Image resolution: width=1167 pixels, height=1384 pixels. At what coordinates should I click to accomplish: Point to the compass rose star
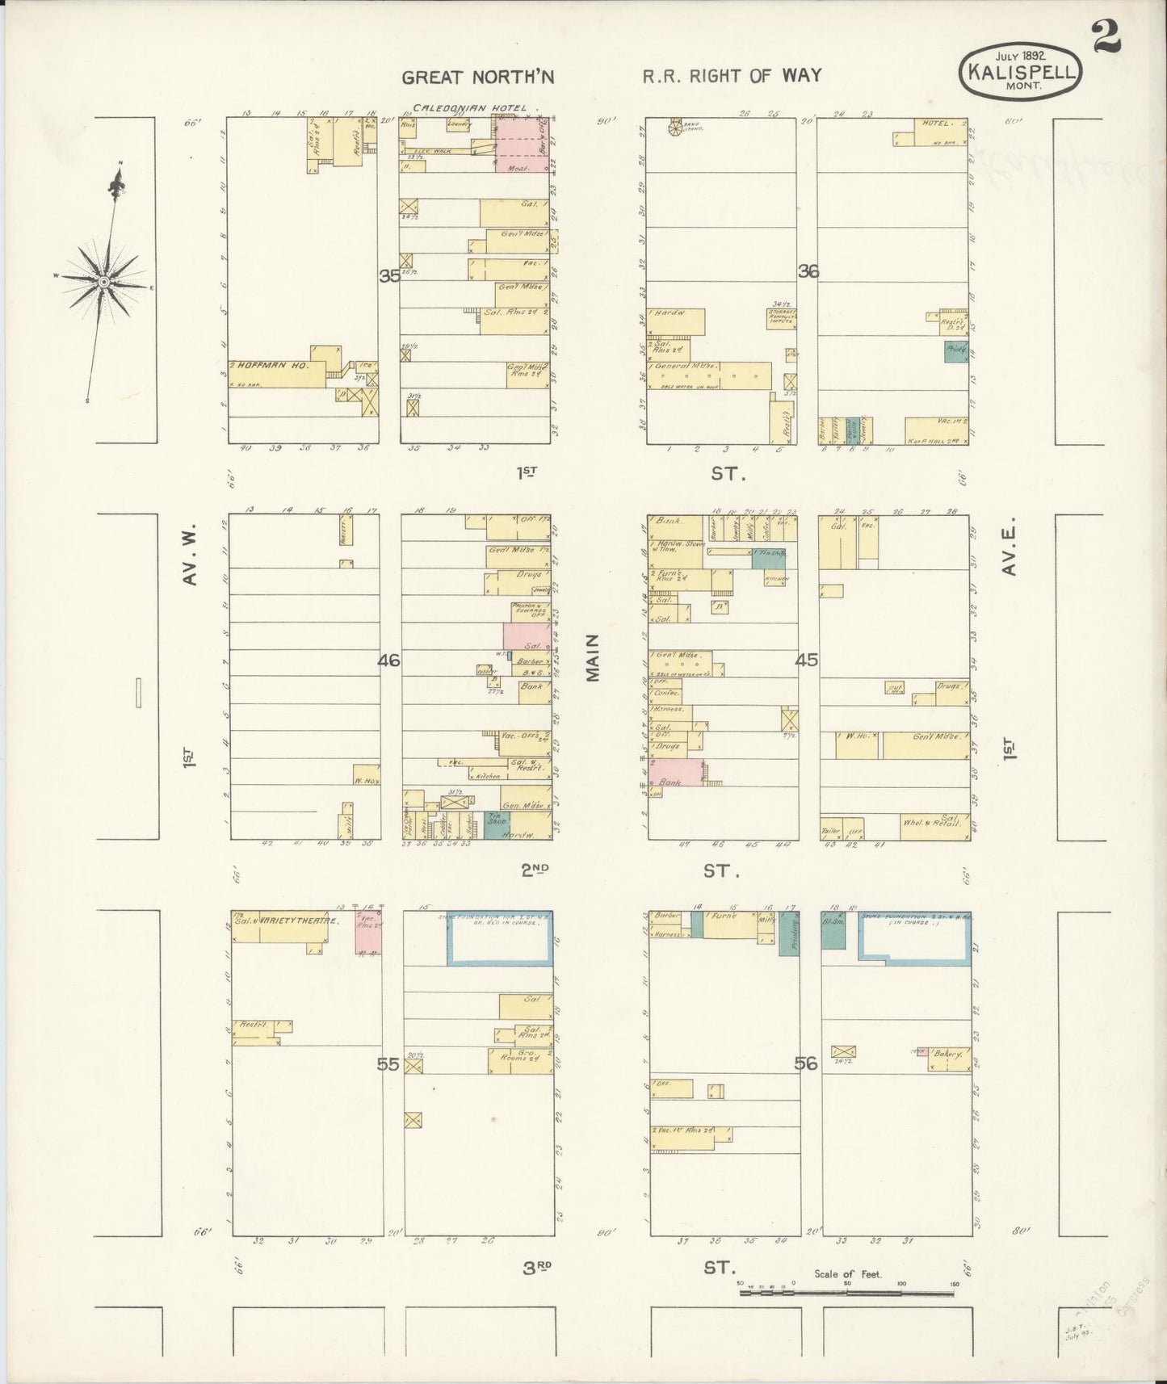point(104,280)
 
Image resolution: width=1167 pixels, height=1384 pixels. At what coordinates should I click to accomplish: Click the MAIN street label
point(594,657)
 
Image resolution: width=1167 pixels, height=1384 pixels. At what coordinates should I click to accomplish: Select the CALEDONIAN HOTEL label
point(469,107)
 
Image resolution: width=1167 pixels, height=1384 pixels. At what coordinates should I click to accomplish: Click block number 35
point(389,275)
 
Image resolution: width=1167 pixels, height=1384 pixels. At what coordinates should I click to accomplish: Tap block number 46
point(388,661)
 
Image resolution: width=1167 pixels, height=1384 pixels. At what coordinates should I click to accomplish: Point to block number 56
point(805,1063)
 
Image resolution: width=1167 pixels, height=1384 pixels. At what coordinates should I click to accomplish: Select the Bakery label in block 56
point(947,1054)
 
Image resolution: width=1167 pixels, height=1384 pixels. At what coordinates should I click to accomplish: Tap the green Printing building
point(789,933)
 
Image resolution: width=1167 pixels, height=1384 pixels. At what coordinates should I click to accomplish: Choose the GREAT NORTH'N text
point(478,78)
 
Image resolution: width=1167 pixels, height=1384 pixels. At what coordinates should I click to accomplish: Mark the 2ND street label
point(535,870)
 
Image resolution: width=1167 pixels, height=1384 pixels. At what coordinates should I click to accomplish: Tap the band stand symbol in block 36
point(675,127)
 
